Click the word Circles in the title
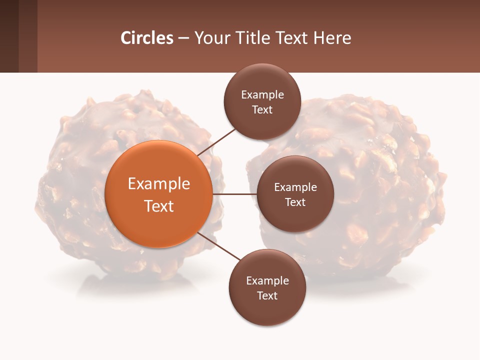(147, 38)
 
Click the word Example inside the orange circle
(159, 184)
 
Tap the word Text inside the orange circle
(159, 206)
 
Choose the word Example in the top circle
(262, 95)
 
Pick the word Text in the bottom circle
(267, 295)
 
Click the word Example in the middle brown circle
(295, 187)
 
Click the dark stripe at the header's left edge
(9, 36)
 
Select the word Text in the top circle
(262, 109)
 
